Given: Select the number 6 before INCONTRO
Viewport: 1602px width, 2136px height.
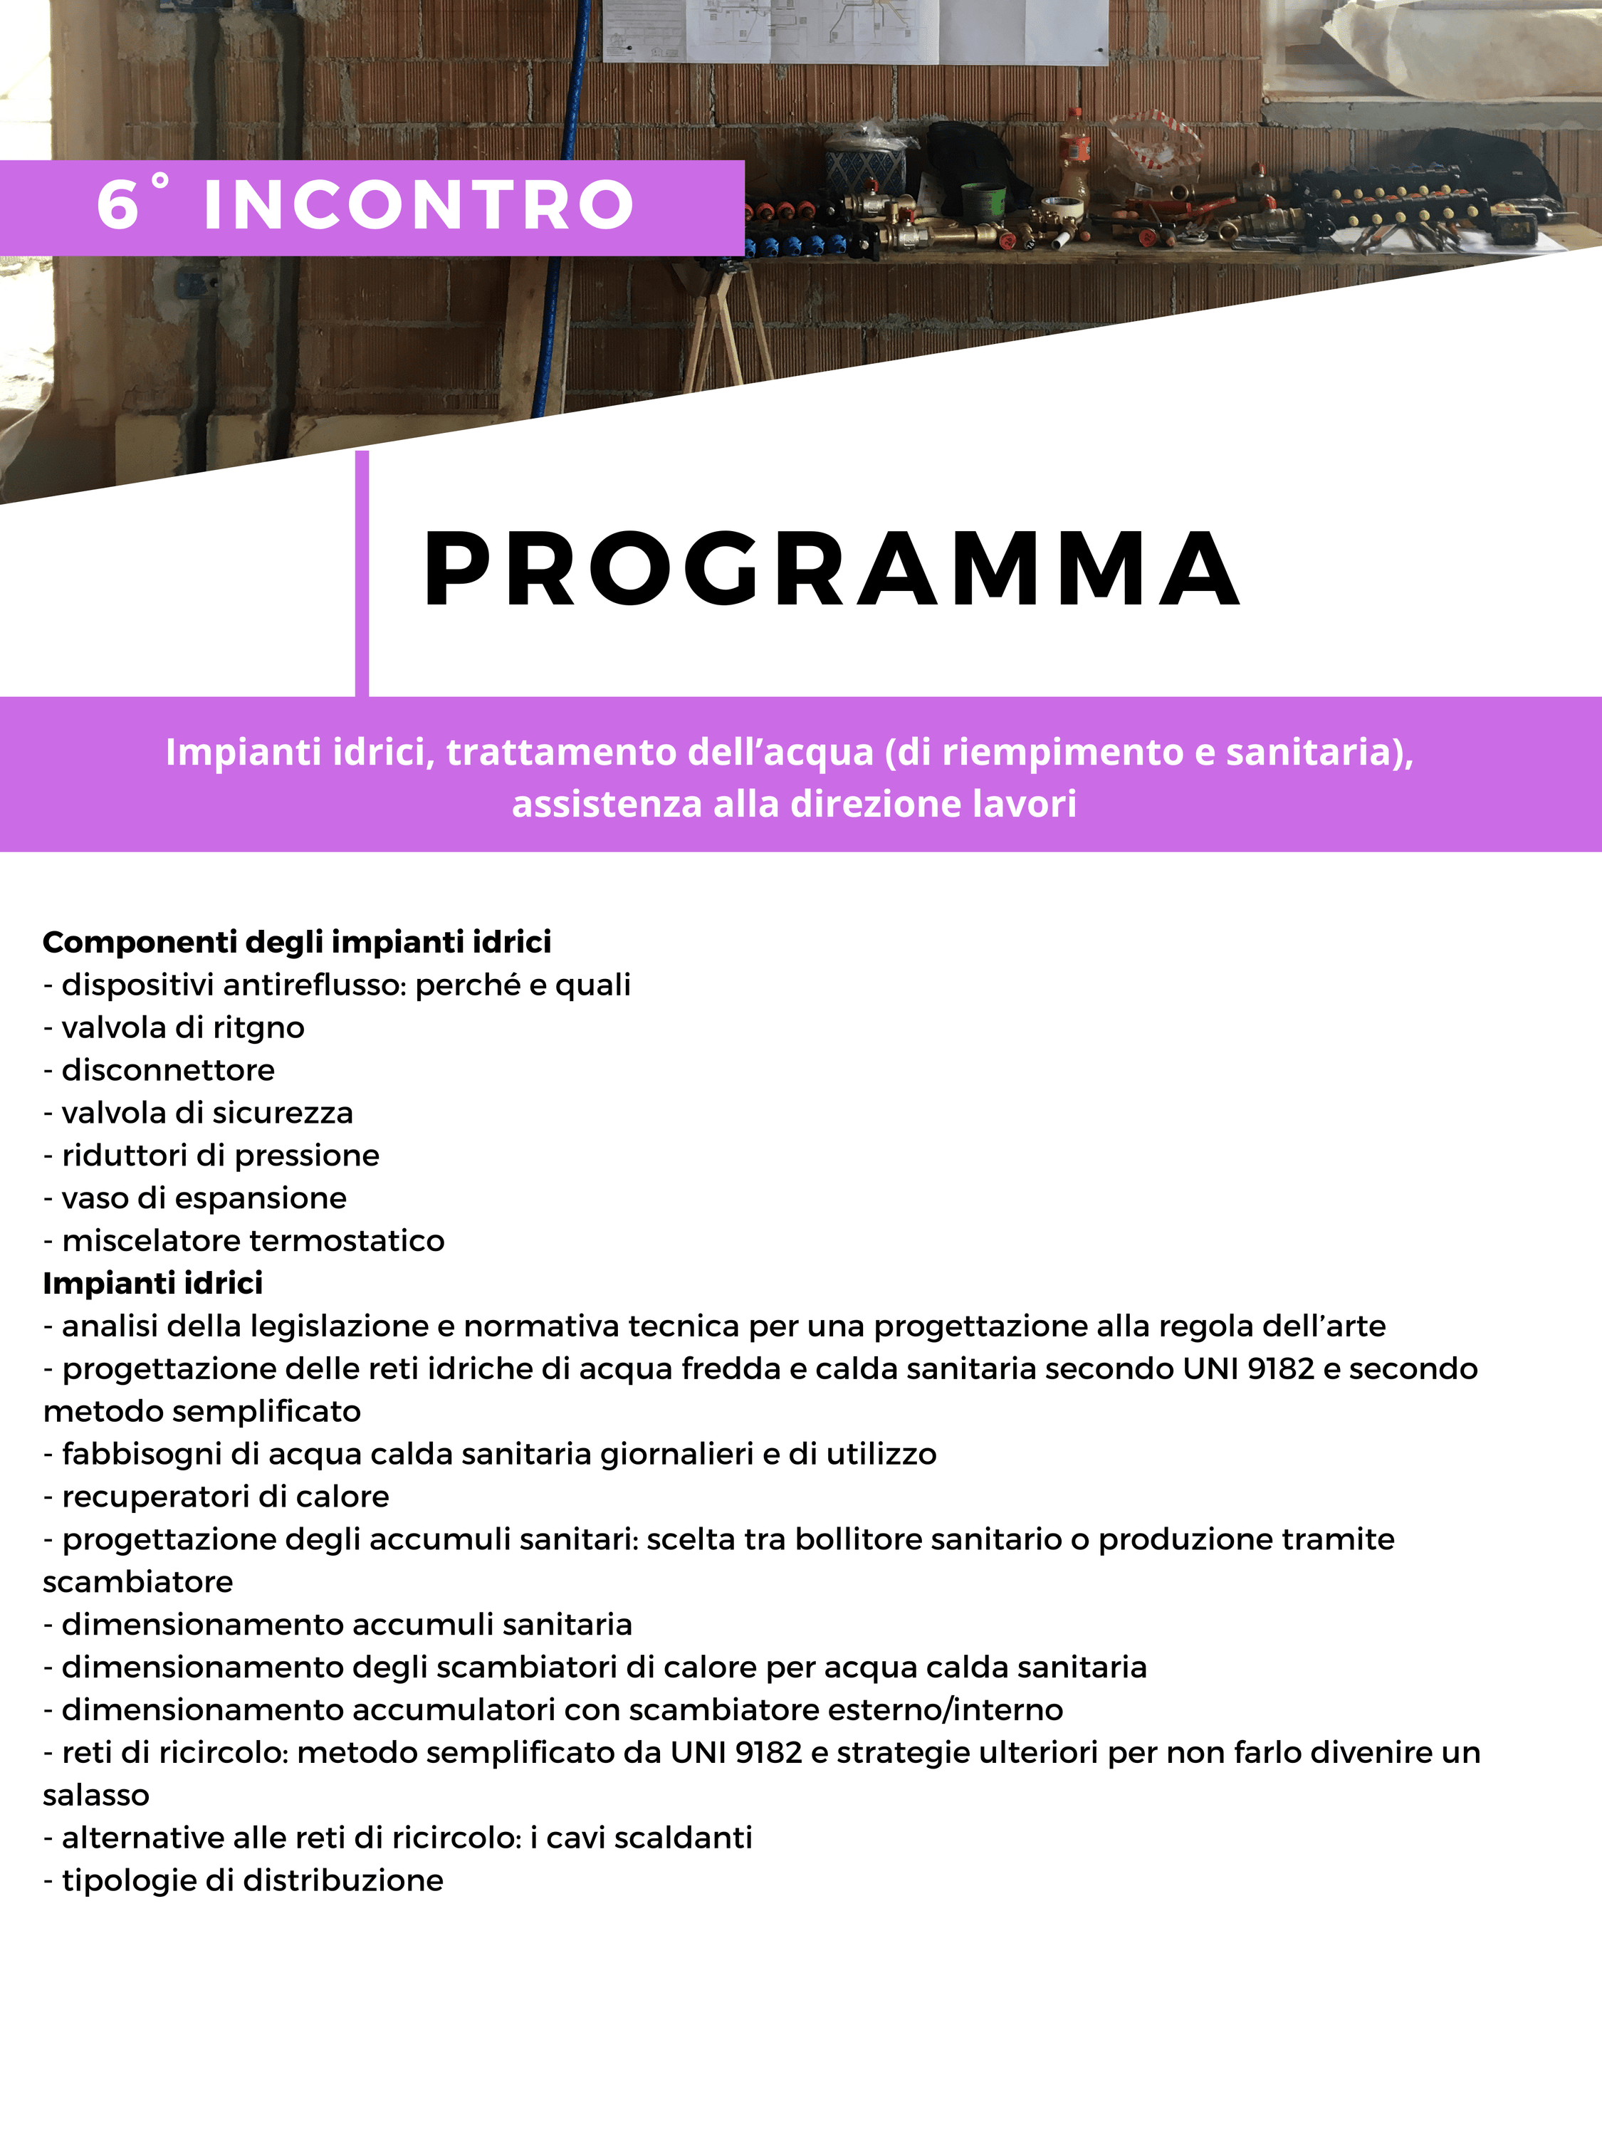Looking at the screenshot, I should click(117, 205).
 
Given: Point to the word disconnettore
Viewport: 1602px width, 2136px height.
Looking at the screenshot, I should click(168, 1070).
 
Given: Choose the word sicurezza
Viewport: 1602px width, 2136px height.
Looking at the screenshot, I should click(282, 1112).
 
